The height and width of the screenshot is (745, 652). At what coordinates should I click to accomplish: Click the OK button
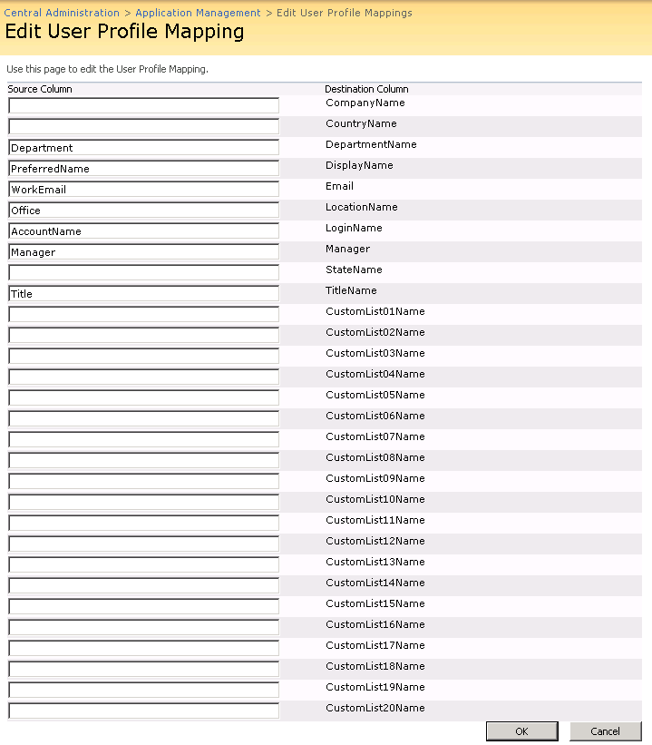click(521, 731)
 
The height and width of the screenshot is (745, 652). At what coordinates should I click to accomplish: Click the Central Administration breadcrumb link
click(62, 13)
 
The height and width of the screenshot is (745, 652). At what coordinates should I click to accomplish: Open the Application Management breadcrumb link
click(198, 13)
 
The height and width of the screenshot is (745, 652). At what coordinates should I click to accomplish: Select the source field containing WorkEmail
click(143, 190)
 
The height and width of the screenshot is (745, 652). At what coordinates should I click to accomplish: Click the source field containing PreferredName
click(143, 169)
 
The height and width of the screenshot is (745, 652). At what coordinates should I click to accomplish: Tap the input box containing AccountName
click(143, 231)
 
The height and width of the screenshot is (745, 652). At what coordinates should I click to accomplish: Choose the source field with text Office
click(143, 211)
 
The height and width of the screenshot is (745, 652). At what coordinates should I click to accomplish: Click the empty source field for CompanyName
click(143, 106)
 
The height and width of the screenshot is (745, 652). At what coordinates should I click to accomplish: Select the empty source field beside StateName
click(143, 273)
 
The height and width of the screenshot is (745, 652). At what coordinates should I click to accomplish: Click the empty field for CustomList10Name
click(143, 503)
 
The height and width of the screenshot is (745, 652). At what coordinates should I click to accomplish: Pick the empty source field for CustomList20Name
click(143, 711)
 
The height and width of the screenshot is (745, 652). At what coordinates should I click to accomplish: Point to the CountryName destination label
click(361, 123)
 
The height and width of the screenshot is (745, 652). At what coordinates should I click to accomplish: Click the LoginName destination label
click(354, 228)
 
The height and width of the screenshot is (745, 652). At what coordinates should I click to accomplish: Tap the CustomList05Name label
click(375, 395)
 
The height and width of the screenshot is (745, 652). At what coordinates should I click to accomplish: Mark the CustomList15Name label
click(375, 603)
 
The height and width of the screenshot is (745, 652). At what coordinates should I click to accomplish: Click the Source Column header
click(40, 89)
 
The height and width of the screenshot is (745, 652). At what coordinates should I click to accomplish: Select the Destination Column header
click(366, 89)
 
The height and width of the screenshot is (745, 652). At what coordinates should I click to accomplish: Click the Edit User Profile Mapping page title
click(124, 32)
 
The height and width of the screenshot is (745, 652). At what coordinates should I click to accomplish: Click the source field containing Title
click(143, 294)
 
